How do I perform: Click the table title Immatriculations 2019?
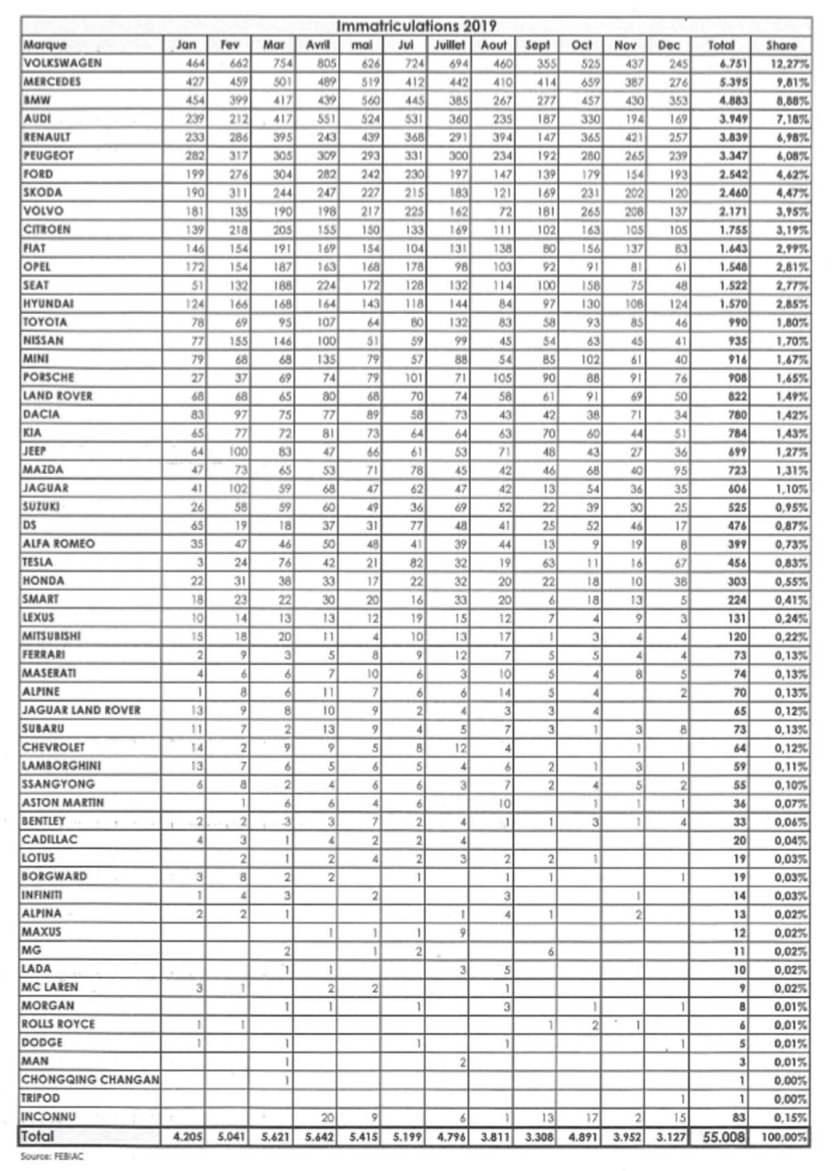click(416, 27)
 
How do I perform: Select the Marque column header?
click(45, 45)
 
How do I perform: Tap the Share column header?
click(781, 45)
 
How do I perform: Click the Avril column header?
click(318, 45)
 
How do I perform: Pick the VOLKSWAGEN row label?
click(63, 63)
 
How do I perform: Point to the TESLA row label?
click(37, 562)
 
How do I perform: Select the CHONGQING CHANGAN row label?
click(91, 1080)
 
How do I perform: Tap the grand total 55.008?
click(723, 1137)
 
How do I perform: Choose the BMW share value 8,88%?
click(789, 101)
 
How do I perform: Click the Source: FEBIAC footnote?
click(42, 1156)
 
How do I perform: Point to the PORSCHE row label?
click(48, 377)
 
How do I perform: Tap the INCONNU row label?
click(48, 1117)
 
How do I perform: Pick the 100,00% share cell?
click(784, 1137)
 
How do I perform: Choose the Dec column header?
click(669, 45)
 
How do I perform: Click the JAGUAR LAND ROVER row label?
click(81, 710)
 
